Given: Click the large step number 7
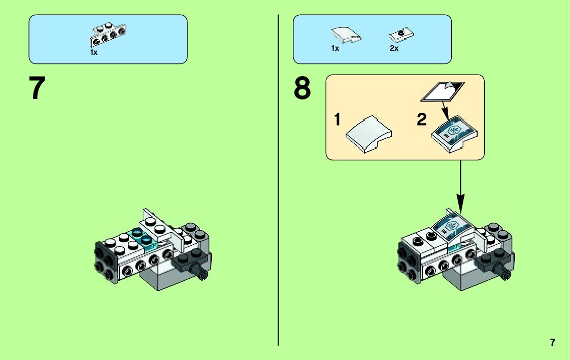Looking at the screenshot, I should [38, 89].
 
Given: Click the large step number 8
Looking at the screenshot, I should [302, 89].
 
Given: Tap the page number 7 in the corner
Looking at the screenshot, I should [553, 342].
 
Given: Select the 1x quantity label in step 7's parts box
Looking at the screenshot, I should [94, 52].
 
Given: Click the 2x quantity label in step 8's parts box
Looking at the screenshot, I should [394, 49].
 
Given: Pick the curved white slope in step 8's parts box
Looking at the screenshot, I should [346, 35].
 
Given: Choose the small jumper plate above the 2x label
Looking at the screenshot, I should [401, 35].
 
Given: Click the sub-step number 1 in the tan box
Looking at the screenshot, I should [337, 120].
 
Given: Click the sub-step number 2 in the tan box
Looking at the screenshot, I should [422, 120].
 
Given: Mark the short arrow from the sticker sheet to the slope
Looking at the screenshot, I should [445, 110].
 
